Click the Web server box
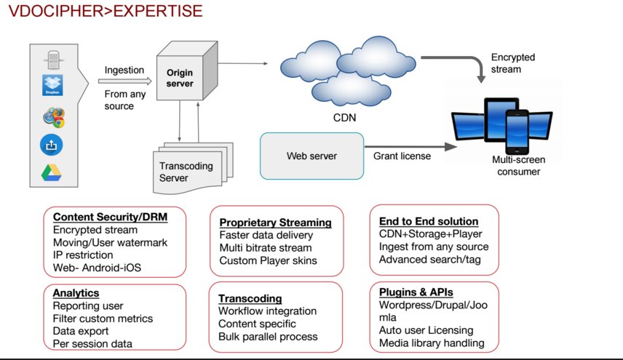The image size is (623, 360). pos(311,156)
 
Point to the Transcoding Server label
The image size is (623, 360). pos(186,172)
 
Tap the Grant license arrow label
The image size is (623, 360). pos(402,156)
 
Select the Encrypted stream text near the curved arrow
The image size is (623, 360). pos(513,63)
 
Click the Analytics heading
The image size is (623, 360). pos(76,293)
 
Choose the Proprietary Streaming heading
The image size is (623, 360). pos(275,223)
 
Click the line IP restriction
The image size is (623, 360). pos(83,255)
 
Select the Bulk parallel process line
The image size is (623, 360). pos(268,337)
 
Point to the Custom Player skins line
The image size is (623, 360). pos(269,260)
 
